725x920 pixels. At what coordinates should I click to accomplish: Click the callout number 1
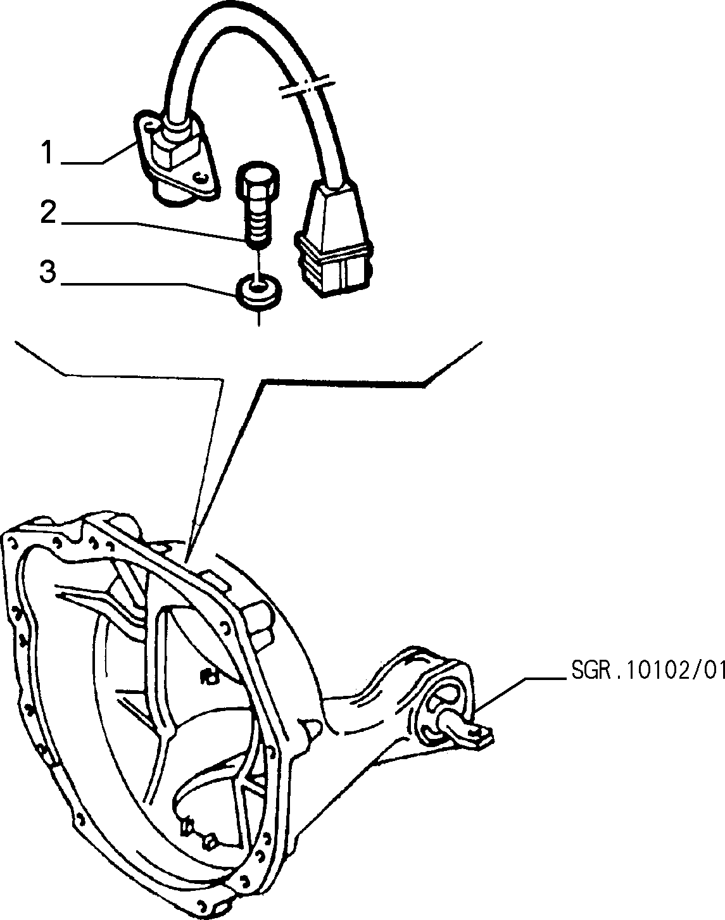tap(48, 153)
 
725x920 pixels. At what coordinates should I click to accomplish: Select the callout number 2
tap(48, 213)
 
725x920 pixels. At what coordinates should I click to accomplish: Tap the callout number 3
tap(48, 272)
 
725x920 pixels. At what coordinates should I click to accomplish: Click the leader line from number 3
tap(149, 287)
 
